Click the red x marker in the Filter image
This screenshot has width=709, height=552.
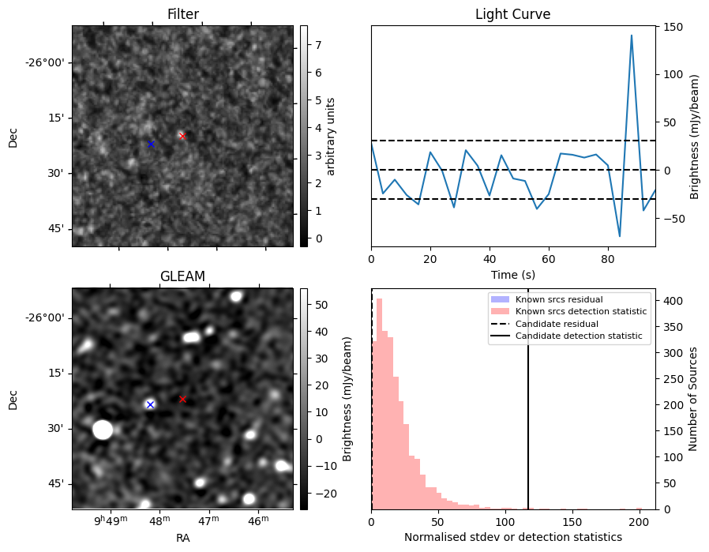tap(182, 136)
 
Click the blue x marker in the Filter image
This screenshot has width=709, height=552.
tap(151, 144)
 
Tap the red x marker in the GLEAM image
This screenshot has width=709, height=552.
tap(182, 399)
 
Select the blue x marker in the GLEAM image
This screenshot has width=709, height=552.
tap(150, 404)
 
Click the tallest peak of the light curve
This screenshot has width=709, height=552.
tap(632, 36)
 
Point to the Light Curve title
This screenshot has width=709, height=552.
tap(512, 14)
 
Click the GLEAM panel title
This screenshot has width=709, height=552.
tap(182, 276)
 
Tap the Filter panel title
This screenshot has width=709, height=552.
tap(182, 14)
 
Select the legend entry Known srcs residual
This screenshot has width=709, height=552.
tap(559, 299)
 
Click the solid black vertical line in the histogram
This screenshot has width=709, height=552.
tap(528, 411)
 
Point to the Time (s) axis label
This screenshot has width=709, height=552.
tap(512, 273)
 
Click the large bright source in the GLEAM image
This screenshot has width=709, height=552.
tap(103, 430)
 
